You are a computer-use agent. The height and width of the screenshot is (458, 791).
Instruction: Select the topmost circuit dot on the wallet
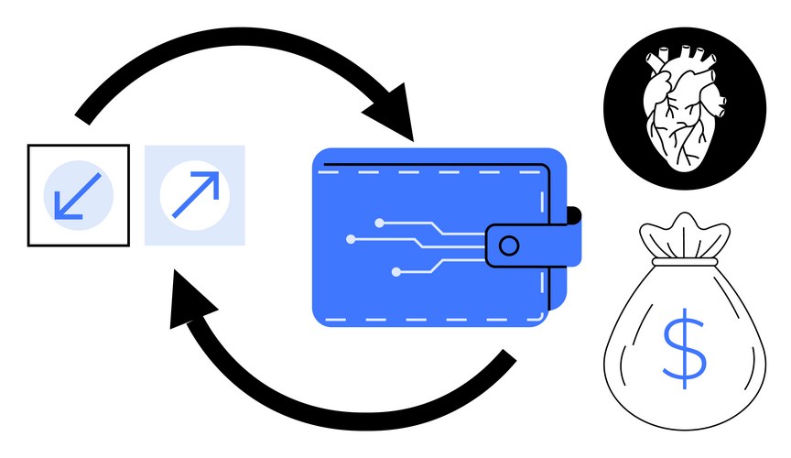point(378,222)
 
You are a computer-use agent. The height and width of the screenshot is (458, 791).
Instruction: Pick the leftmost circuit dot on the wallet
point(351,239)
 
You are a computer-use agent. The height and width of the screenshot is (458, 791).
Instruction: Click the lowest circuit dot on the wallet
point(395,272)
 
